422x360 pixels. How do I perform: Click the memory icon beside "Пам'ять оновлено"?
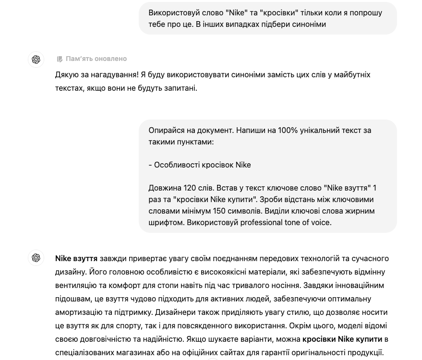pyautogui.click(x=60, y=59)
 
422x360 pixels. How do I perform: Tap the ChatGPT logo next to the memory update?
pyautogui.click(x=36, y=60)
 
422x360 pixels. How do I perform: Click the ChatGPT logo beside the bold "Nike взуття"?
pyautogui.click(x=36, y=258)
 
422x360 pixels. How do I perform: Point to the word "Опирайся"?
pyautogui.click(x=165, y=131)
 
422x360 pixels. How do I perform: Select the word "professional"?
pyautogui.click(x=264, y=223)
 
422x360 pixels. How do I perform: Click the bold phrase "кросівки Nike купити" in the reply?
pyautogui.click(x=342, y=339)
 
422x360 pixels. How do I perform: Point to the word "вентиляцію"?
pyautogui.click(x=74, y=286)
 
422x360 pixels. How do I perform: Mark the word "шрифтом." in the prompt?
pyautogui.click(x=166, y=223)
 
